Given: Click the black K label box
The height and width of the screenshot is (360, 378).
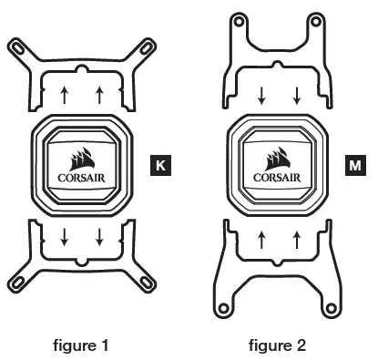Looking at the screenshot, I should coord(161,166).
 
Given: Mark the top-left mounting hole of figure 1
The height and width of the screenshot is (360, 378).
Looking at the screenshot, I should coord(15,44).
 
